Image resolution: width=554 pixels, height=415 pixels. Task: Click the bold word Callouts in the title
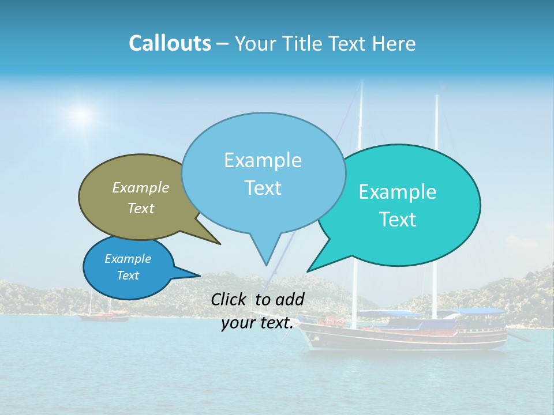pos(170,43)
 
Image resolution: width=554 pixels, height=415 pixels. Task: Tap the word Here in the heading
pos(394,43)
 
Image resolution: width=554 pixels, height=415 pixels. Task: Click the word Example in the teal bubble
pos(398,192)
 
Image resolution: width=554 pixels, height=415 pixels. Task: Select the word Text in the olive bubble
pos(141,209)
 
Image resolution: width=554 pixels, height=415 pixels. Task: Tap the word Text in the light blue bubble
pos(263,188)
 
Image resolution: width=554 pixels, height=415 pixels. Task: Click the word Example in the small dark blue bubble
pos(128,259)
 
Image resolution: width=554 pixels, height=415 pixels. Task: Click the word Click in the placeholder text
pos(230,299)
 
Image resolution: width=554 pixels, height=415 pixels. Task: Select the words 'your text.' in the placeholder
pos(257,323)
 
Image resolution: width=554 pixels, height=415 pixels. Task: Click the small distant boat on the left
pos(104,315)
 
